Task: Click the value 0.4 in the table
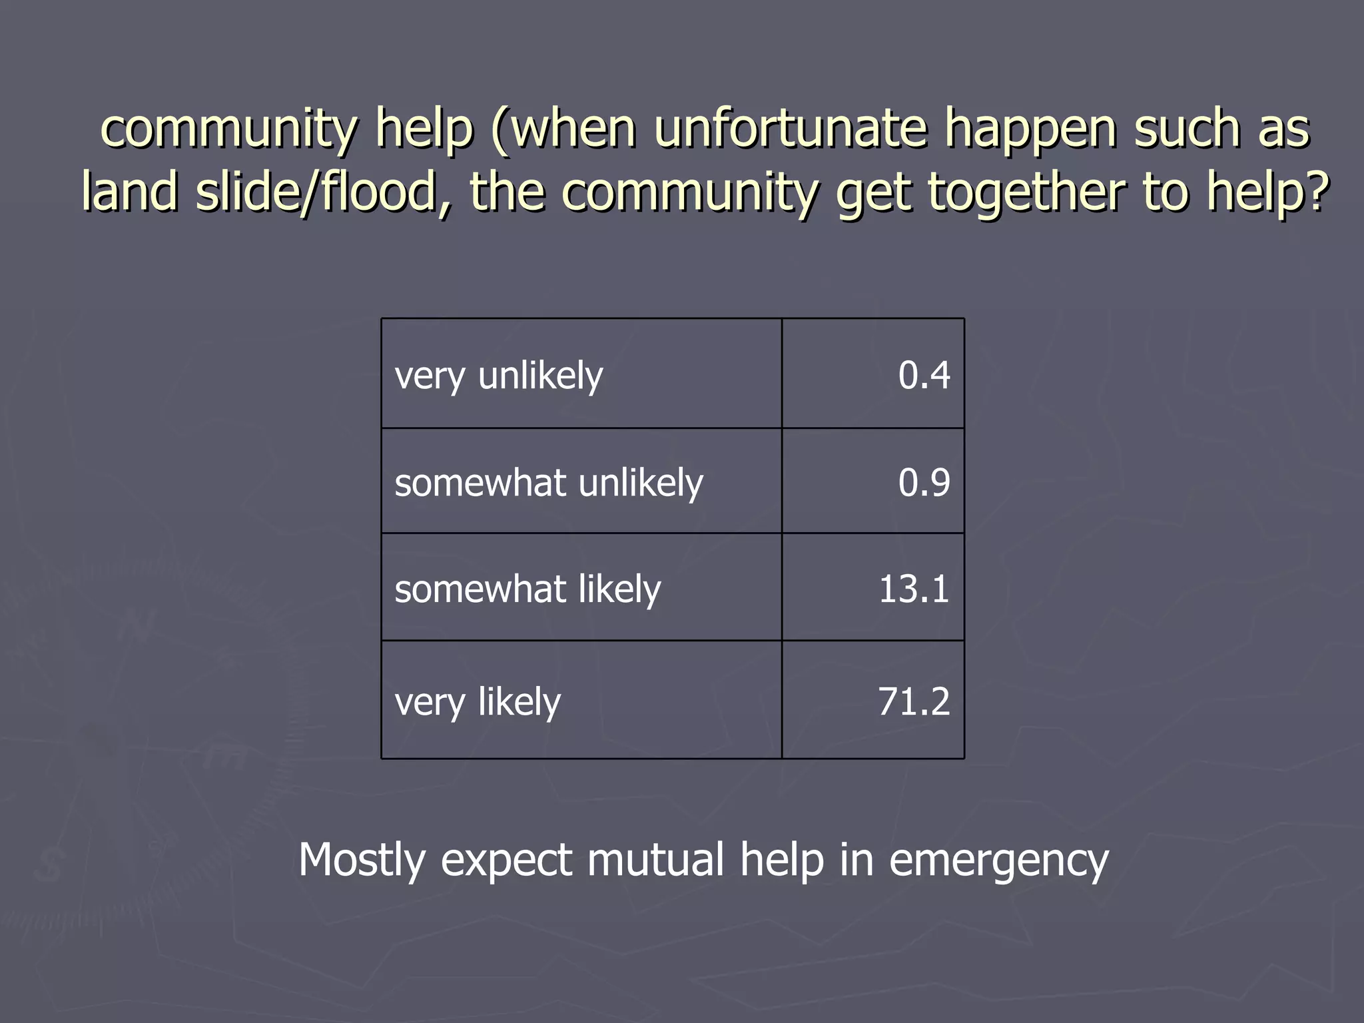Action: click(923, 375)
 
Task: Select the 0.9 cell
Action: click(923, 482)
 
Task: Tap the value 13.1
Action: click(913, 589)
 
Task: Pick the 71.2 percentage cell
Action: click(913, 701)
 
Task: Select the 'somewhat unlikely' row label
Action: click(548, 483)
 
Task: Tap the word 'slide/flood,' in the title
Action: click(324, 191)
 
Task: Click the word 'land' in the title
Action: click(129, 191)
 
